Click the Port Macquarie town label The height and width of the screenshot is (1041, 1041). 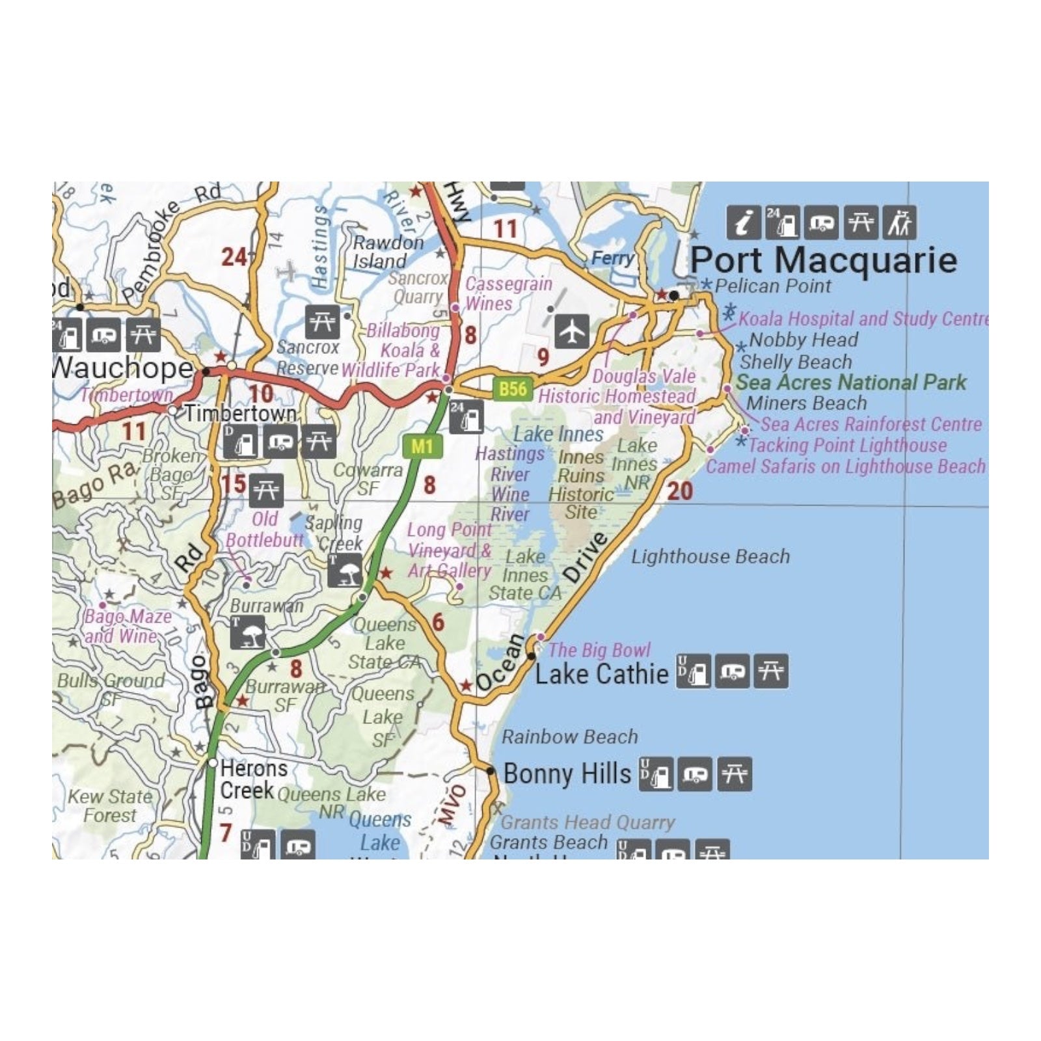pyautogui.click(x=823, y=260)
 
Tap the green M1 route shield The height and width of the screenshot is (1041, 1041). pyautogui.click(x=422, y=446)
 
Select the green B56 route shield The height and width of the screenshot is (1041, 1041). pyautogui.click(x=513, y=389)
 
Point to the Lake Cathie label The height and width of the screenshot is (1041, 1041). pyautogui.click(x=601, y=674)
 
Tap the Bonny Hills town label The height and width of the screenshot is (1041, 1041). pyautogui.click(x=567, y=774)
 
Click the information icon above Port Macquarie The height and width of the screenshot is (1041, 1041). pyautogui.click(x=743, y=223)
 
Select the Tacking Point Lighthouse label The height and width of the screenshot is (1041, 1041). pyautogui.click(x=847, y=446)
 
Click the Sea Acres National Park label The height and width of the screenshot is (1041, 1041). pyautogui.click(x=851, y=382)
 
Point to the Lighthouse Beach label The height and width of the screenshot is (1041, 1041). pyautogui.click(x=710, y=556)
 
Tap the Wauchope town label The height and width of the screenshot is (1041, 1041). pyautogui.click(x=122, y=368)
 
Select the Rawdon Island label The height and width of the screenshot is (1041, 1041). pyautogui.click(x=388, y=252)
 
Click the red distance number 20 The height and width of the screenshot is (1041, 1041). pyautogui.click(x=679, y=491)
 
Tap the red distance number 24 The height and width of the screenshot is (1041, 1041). pyautogui.click(x=234, y=257)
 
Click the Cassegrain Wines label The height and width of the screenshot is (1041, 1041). pyautogui.click(x=507, y=294)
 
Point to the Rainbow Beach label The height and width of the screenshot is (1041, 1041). pyautogui.click(x=569, y=737)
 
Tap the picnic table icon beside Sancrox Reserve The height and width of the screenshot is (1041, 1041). pyautogui.click(x=322, y=321)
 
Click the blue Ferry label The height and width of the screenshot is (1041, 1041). pyautogui.click(x=612, y=258)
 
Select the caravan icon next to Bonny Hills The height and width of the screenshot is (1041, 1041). pyautogui.click(x=695, y=774)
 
